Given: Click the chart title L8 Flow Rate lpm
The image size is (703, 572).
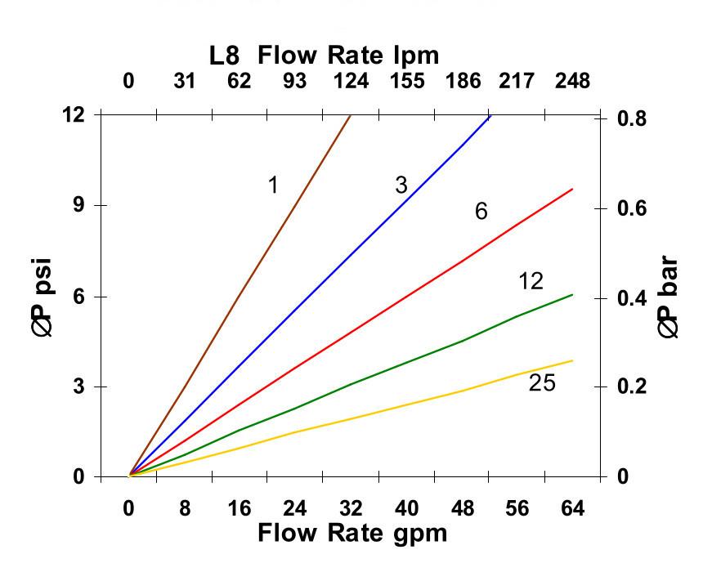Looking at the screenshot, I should (x=325, y=56).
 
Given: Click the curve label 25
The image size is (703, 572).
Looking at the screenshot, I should (x=542, y=382).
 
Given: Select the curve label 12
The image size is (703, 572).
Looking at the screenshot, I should (x=531, y=281).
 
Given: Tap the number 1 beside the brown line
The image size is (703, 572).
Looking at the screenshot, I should (x=273, y=185).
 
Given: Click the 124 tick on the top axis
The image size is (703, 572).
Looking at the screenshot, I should (x=351, y=81).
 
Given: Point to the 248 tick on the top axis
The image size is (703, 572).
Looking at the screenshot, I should (x=572, y=81).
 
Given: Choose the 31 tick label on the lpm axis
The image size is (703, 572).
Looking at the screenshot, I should (x=185, y=81).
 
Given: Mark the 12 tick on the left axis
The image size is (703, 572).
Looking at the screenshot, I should (x=74, y=114).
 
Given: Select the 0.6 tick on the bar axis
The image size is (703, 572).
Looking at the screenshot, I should (x=630, y=208).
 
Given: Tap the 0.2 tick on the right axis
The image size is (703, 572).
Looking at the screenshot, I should (x=630, y=387).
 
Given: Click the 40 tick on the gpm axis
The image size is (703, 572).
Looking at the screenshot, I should (x=406, y=508).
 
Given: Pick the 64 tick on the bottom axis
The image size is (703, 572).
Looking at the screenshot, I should (x=572, y=508).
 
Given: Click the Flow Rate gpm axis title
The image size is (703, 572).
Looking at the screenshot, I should (x=352, y=533).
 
